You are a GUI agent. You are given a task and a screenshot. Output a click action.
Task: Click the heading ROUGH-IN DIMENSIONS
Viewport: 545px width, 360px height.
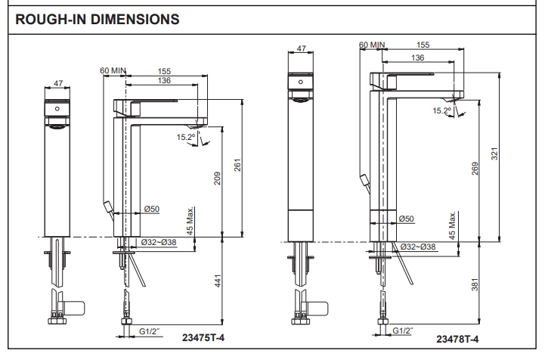[x=98, y=19]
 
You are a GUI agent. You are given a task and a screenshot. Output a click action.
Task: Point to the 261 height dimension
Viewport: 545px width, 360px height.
[x=237, y=166]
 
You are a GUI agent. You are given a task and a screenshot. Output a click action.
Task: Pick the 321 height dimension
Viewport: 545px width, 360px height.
[x=496, y=154]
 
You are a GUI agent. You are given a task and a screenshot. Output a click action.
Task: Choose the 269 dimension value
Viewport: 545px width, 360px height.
[x=475, y=169]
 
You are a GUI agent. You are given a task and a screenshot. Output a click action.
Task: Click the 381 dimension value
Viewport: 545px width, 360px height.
[x=475, y=287]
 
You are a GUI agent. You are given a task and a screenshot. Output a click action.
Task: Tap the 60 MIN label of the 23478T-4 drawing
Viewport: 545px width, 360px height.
[x=372, y=45]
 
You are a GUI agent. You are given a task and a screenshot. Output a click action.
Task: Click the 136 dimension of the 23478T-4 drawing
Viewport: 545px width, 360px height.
[x=416, y=57]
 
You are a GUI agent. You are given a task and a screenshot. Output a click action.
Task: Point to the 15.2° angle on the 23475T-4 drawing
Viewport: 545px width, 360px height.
[x=186, y=137]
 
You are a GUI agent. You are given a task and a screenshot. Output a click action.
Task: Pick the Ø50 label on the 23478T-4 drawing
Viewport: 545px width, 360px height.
[x=407, y=219]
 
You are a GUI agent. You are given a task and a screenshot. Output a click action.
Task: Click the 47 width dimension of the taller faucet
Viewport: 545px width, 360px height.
[x=302, y=49]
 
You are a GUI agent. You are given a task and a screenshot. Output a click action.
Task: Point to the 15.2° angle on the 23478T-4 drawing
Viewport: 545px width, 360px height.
[x=441, y=111]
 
